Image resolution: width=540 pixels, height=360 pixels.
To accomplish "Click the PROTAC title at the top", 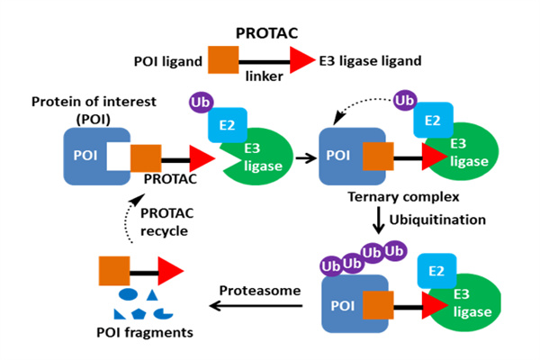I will pyautogui.click(x=269, y=33).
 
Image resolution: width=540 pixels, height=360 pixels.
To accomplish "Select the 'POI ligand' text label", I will pyautogui.click(x=171, y=61).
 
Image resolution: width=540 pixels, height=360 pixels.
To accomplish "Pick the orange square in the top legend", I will pyautogui.click(x=223, y=61).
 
